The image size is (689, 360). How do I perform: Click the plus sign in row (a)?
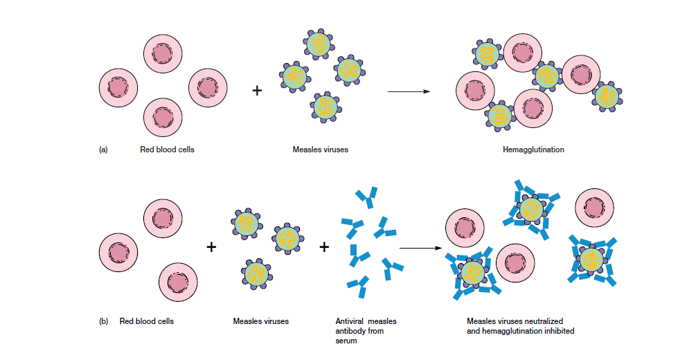pyautogui.click(x=257, y=91)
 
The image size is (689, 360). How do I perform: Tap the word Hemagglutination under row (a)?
pyautogui.click(x=533, y=150)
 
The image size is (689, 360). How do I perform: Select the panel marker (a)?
pyautogui.click(x=104, y=150)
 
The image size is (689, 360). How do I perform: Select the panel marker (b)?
pyautogui.click(x=104, y=321)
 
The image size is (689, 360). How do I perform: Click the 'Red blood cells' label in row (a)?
pyautogui.click(x=167, y=150)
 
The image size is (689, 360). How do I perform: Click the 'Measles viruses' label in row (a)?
pyautogui.click(x=320, y=150)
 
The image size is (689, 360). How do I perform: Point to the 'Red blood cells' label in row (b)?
pyautogui.click(x=147, y=321)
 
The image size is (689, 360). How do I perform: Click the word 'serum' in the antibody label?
pyautogui.click(x=346, y=341)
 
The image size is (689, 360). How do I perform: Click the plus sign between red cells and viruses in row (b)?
pyautogui.click(x=212, y=246)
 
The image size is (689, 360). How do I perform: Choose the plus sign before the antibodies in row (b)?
pyautogui.click(x=324, y=246)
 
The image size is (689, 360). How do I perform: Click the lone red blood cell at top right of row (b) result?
pyautogui.click(x=594, y=206)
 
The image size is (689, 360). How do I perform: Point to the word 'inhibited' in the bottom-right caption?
pyautogui.click(x=558, y=331)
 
